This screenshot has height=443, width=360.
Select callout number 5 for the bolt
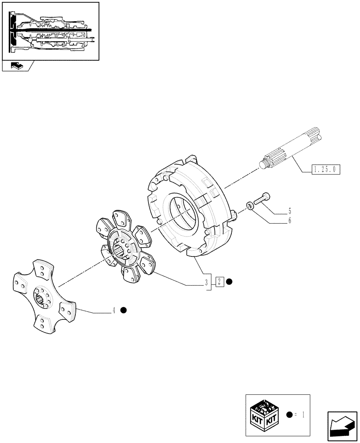pos(290,210)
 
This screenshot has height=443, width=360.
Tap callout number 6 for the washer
pos(290,220)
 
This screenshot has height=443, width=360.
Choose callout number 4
pos(113,311)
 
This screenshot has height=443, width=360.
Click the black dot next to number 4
pos(124,310)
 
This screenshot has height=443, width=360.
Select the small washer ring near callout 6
pos(250,205)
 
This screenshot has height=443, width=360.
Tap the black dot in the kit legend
pos(290,415)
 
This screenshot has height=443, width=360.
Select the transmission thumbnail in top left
pos(51,31)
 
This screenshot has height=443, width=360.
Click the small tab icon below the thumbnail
pos(16,66)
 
